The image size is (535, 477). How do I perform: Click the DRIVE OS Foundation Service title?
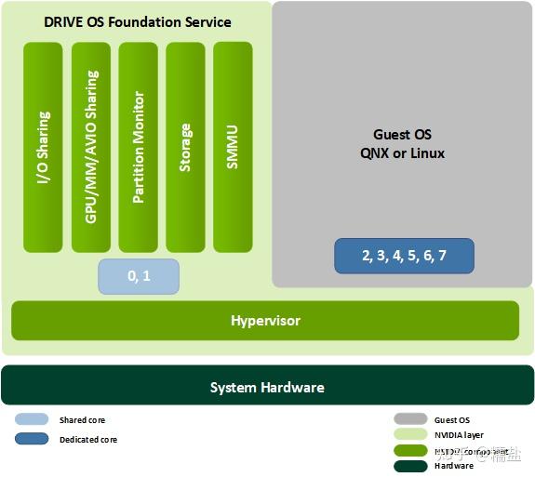click(138, 21)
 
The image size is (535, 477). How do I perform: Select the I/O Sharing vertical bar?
click(43, 147)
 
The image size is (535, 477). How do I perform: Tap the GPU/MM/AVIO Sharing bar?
click(90, 147)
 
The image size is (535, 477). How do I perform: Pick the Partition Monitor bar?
click(138, 147)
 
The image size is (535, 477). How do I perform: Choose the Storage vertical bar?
click(185, 147)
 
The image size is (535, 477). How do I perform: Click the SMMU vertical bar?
click(233, 147)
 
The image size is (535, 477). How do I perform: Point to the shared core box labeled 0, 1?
click(139, 276)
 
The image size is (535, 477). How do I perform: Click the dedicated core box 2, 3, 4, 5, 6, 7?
click(404, 256)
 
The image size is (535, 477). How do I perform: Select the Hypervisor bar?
click(265, 321)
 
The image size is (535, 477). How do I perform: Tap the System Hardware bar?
click(267, 387)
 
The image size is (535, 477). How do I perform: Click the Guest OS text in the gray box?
click(402, 135)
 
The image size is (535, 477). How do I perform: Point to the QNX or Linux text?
click(402, 152)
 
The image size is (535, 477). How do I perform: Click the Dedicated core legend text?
click(88, 439)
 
